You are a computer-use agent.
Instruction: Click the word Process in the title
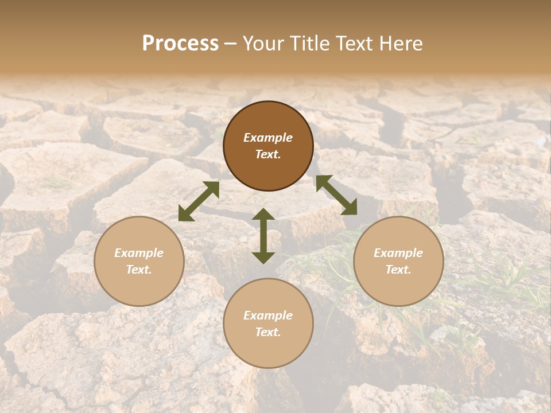(x=180, y=44)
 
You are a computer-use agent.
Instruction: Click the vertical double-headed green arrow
(x=263, y=236)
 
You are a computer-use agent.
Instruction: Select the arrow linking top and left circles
(x=199, y=201)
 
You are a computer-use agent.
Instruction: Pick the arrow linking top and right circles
(x=336, y=196)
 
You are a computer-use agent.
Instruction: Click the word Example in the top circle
(x=268, y=138)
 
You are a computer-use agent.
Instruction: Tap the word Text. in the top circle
(x=268, y=154)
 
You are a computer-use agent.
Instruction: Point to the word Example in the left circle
(x=139, y=253)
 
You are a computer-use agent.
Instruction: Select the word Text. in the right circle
(x=398, y=270)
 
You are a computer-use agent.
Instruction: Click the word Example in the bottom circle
(x=268, y=315)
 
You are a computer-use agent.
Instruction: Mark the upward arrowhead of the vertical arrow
(x=263, y=214)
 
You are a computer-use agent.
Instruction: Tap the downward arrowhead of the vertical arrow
(x=263, y=257)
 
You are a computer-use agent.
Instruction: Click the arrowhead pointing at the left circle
(x=185, y=215)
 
